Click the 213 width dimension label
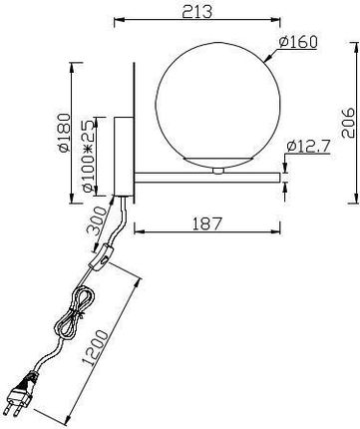pos(196,11)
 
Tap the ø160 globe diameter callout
pos(298,42)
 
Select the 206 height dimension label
pos(348,123)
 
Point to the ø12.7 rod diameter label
pos(308,146)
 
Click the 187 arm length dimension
pos(206,223)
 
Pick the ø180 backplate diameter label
pos(64,133)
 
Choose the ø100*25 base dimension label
pos(89,156)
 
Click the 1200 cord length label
pos(96,347)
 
